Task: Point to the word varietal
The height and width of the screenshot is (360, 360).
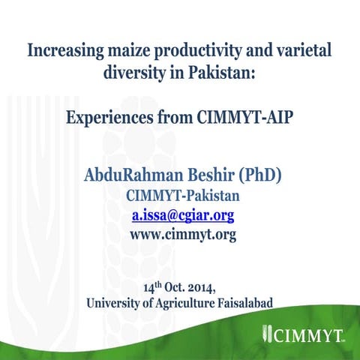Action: point(299,52)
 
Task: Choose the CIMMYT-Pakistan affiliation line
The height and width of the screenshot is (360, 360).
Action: point(182,197)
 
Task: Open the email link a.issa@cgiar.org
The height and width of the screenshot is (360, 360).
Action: point(182,216)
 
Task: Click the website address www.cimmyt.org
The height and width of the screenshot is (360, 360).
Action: point(182,235)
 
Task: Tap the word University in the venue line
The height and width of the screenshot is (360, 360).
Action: point(117,303)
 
